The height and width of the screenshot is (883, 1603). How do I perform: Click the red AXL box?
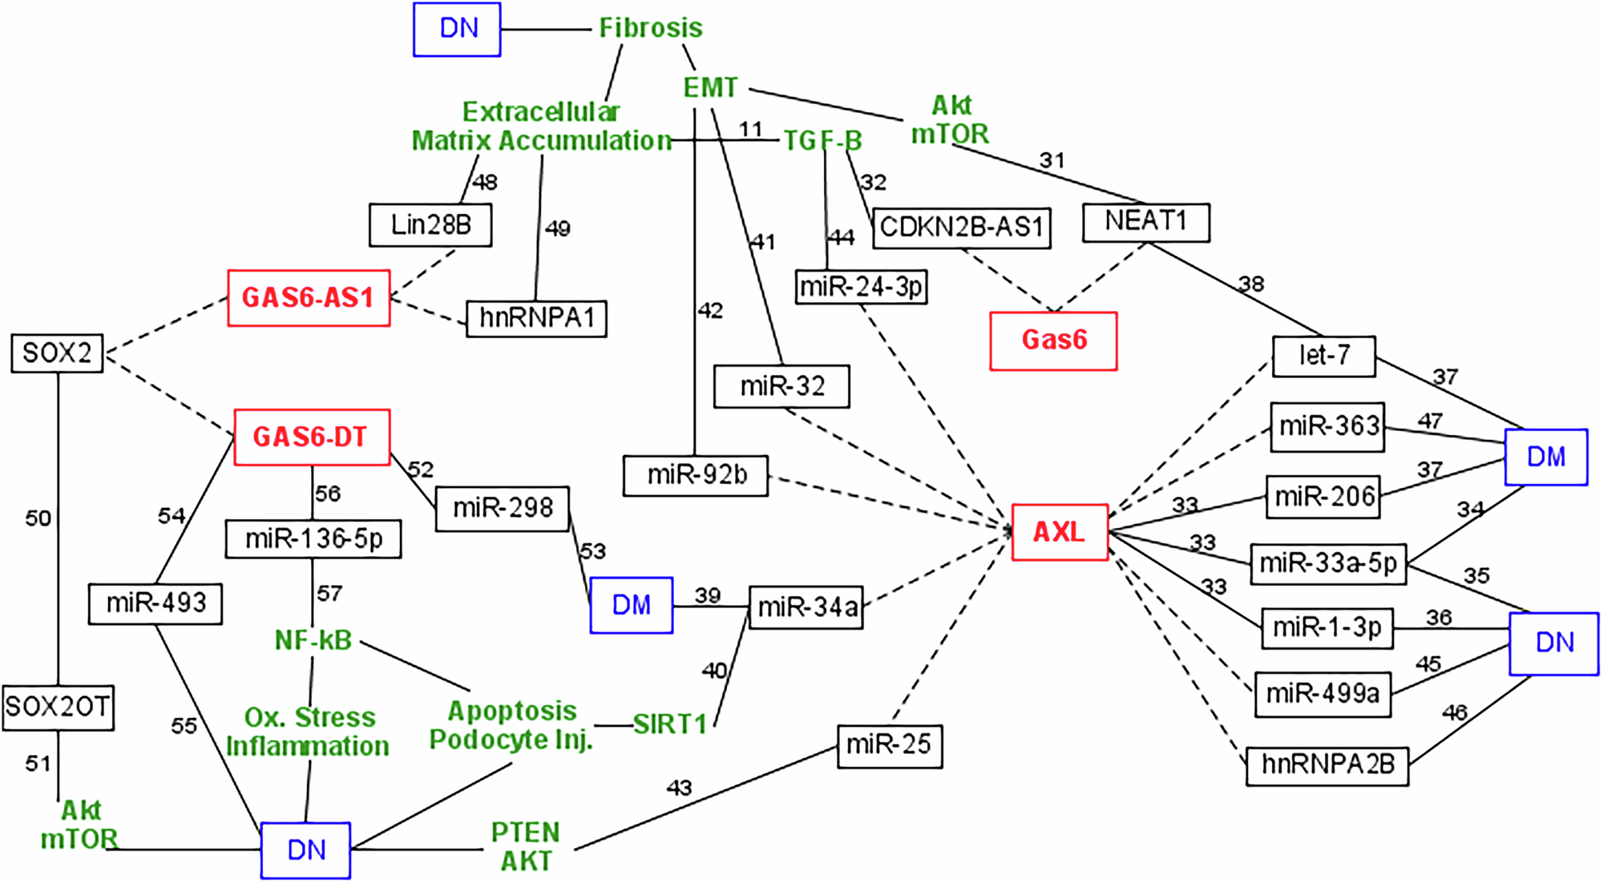(1060, 532)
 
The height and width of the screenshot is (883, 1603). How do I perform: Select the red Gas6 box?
(1053, 341)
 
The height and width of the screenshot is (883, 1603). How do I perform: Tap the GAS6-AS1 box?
(309, 298)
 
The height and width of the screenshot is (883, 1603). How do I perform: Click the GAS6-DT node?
(311, 437)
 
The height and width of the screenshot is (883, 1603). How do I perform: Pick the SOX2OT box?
(58, 708)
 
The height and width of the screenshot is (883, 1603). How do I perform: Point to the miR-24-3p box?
(862, 287)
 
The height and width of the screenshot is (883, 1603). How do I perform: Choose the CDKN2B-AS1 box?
(961, 228)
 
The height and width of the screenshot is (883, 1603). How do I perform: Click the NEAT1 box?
(1145, 222)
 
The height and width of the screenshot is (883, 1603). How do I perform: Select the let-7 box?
(1323, 356)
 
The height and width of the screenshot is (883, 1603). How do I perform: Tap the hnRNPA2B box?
(1327, 765)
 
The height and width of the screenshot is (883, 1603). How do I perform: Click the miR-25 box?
(889, 746)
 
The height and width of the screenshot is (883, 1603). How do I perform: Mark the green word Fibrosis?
(651, 28)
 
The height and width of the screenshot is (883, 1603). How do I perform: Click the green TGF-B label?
(822, 142)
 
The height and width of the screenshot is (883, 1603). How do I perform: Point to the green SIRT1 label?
(670, 725)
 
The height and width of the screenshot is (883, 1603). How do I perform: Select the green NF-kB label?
(313, 641)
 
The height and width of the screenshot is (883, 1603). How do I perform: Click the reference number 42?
(710, 311)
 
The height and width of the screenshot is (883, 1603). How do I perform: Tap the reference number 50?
(38, 519)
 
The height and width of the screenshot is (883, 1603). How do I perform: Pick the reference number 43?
(679, 788)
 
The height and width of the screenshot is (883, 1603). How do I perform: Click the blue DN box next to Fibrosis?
(457, 30)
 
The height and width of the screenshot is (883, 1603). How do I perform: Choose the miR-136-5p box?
(313, 539)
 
